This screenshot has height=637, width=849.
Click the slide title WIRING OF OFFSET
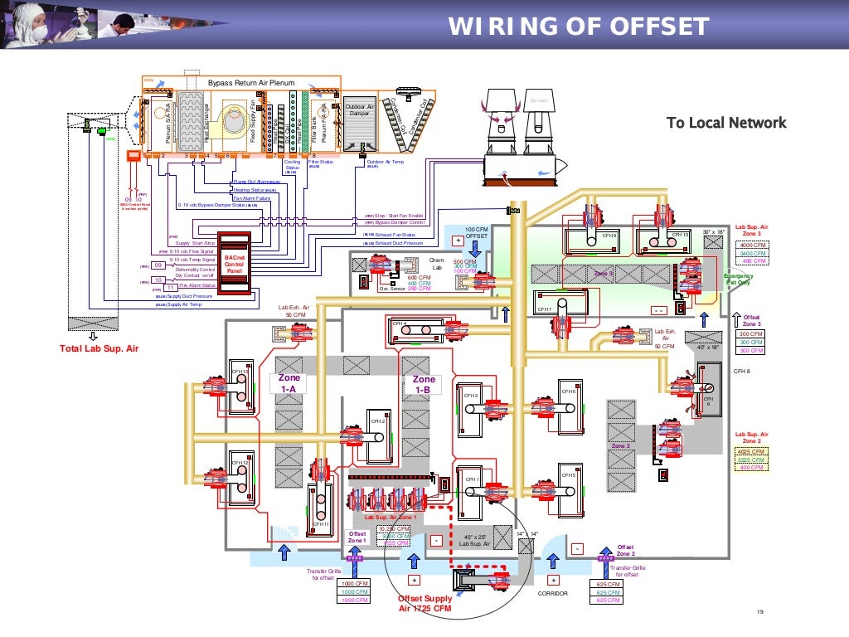[579, 27]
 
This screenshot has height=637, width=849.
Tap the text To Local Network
[726, 123]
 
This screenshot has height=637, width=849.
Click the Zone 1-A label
[290, 383]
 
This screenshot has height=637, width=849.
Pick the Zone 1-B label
[423, 383]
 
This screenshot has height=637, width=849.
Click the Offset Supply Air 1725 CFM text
[424, 603]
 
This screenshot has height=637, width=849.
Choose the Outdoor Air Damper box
[359, 110]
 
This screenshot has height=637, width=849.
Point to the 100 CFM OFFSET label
[476, 232]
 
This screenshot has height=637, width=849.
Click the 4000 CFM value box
[752, 246]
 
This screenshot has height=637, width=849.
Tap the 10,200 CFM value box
[394, 528]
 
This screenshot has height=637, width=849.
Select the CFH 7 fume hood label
[544, 309]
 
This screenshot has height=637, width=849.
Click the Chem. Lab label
[438, 264]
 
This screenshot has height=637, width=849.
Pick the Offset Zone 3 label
[751, 321]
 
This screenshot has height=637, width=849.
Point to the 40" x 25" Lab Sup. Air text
[475, 539]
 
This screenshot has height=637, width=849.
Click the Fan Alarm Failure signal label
[251, 198]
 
